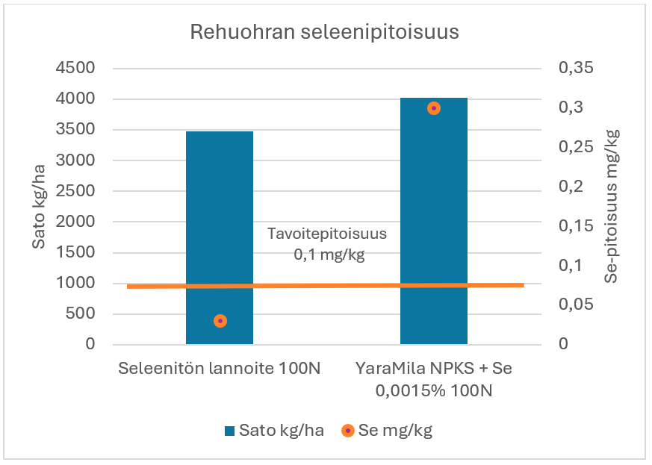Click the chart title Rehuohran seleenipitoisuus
tap(324, 33)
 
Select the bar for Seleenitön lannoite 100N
tap(220, 224)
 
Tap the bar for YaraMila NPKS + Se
tap(434, 224)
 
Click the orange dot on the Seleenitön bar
tap(220, 321)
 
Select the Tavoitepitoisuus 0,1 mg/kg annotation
tap(327, 243)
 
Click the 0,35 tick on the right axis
tap(574, 69)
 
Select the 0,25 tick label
tap(574, 147)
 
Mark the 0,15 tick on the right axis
tap(574, 226)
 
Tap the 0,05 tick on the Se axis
tap(574, 305)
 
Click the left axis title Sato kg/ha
tap(39, 207)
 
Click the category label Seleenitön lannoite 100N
tap(220, 369)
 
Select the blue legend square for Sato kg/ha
tap(230, 431)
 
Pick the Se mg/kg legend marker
tap(347, 431)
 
